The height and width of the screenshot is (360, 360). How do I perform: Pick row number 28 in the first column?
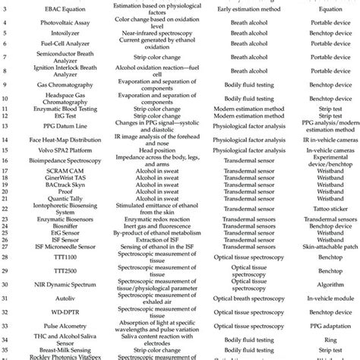coord(7,257)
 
